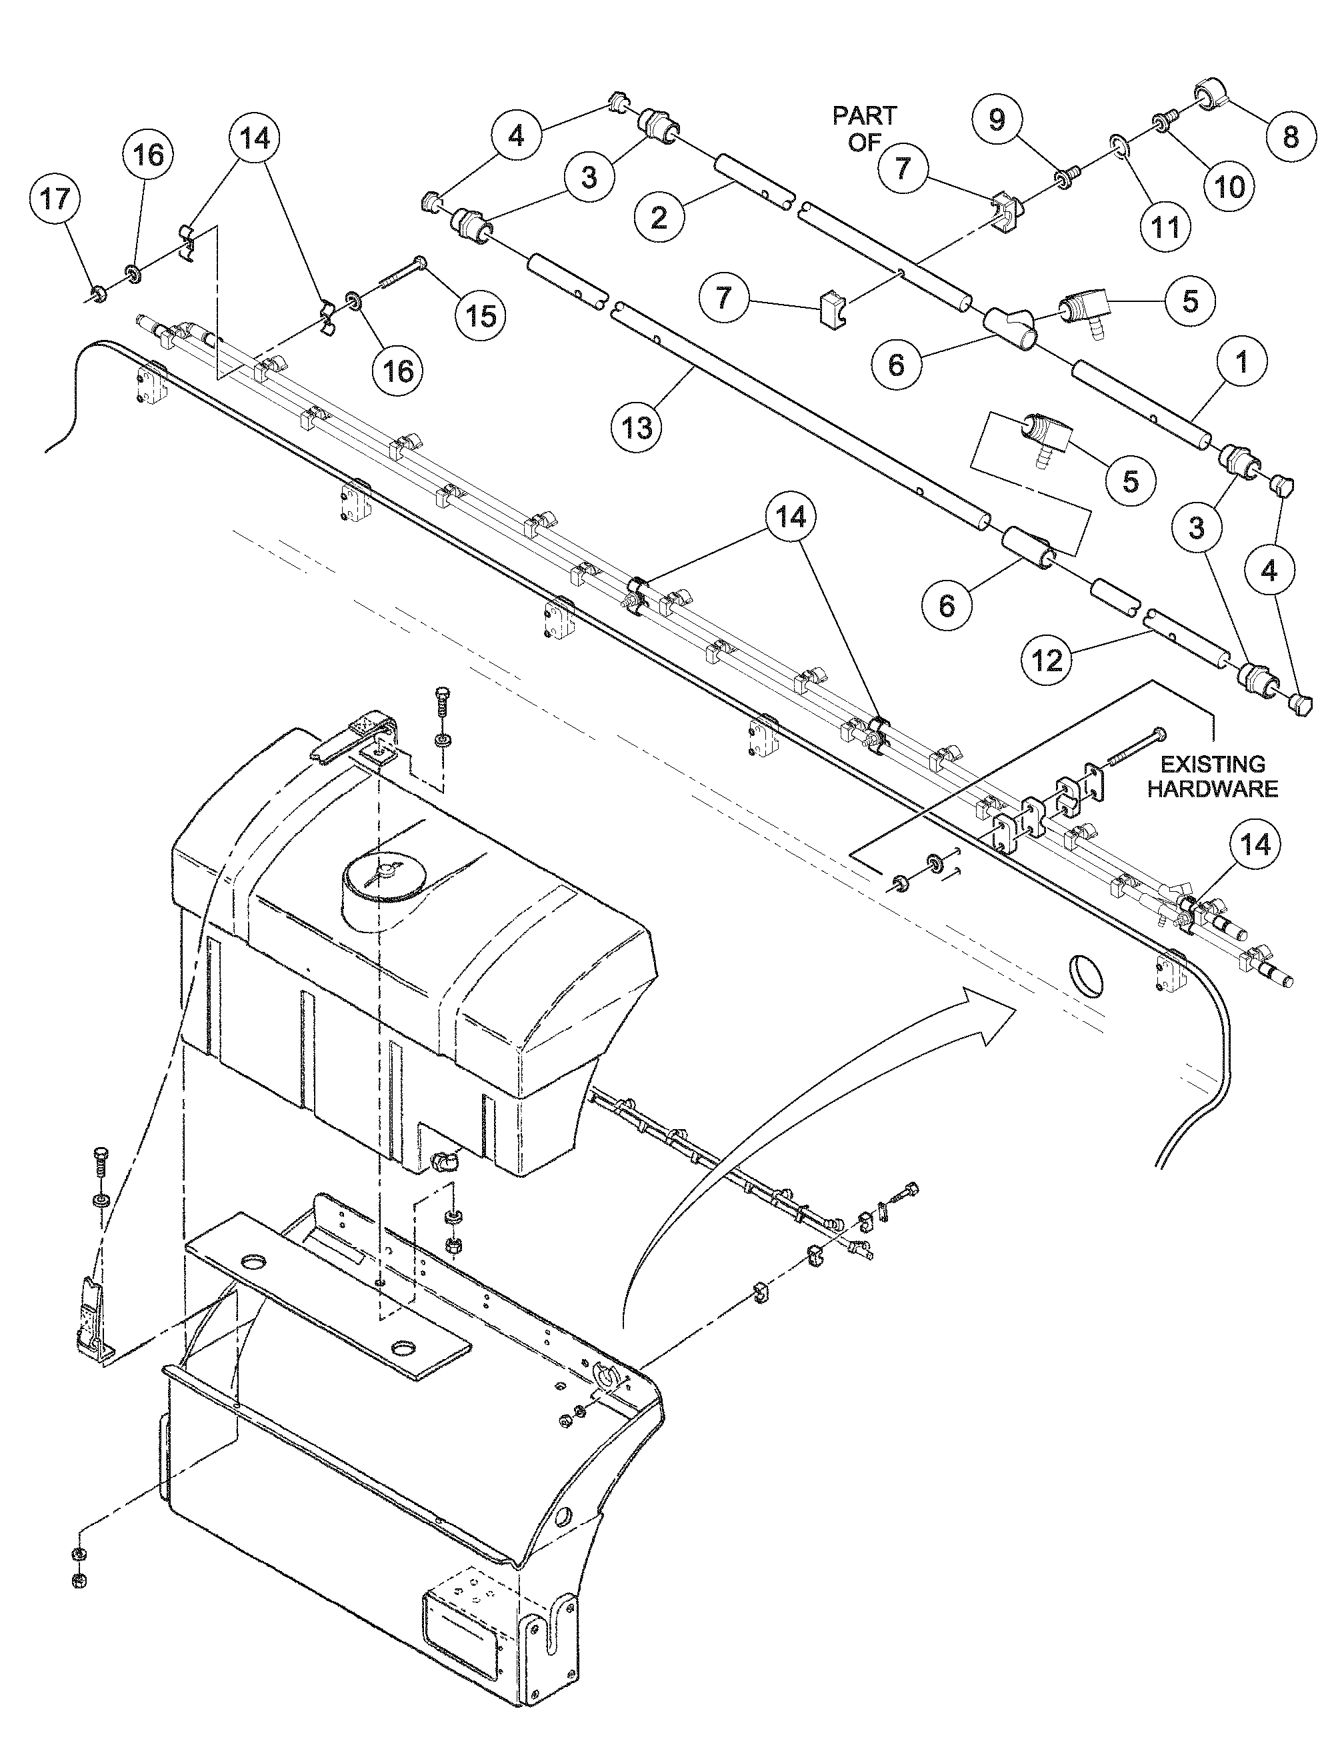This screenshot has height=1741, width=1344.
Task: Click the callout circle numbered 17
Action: click(x=56, y=199)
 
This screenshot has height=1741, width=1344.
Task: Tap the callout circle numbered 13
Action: click(x=638, y=428)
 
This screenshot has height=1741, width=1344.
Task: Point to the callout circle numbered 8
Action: click(x=1290, y=137)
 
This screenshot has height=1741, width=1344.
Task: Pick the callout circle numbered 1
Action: click(x=1241, y=363)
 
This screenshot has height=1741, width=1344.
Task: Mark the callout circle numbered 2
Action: click(x=659, y=217)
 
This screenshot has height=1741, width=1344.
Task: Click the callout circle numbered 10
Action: click(x=1229, y=186)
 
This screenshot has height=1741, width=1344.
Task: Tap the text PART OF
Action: click(x=864, y=129)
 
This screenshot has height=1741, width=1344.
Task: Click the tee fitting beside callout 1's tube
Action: click(x=1009, y=327)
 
